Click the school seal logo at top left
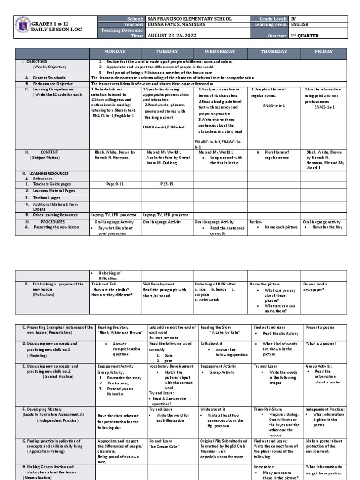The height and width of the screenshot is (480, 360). point(22,26)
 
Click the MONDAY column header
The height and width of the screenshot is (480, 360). point(114,51)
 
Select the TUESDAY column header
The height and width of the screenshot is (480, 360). point(167,51)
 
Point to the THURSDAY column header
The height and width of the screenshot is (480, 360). point(275,51)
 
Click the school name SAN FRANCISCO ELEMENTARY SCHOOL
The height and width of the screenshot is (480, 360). point(189,19)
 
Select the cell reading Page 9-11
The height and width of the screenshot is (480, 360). point(114,185)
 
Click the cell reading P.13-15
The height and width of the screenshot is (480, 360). point(167,185)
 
